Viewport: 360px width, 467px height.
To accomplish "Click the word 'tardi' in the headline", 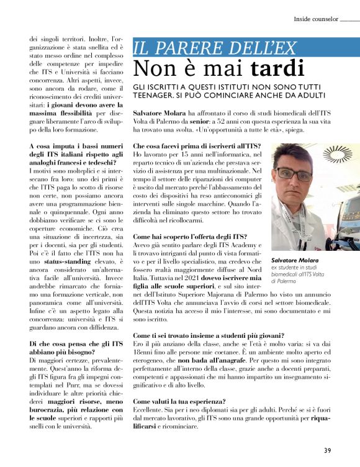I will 277,68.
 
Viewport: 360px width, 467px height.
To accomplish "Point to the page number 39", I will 327,450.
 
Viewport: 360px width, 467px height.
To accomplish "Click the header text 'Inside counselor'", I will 315,19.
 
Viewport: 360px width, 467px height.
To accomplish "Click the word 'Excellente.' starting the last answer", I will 150,411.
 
